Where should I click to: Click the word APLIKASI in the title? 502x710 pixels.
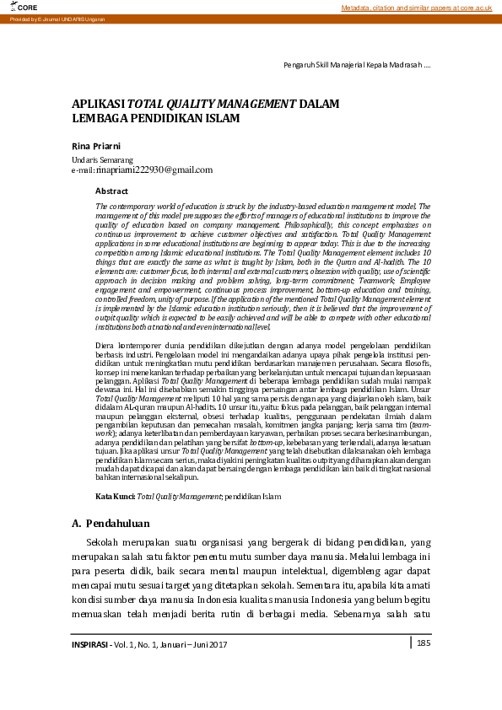[98, 104]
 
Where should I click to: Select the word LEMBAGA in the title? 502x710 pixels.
[99, 119]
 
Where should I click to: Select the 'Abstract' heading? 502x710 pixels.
[111, 191]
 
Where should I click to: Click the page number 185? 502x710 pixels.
[424, 643]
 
